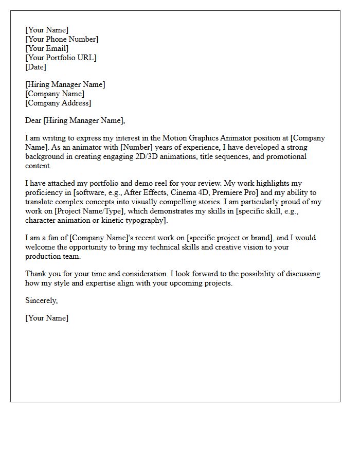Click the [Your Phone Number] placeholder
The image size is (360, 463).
[x=62, y=39]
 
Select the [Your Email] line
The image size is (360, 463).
[x=47, y=48]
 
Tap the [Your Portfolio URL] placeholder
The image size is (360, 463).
[x=61, y=58]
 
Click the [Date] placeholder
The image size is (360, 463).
[x=35, y=67]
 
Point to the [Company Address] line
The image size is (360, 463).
[x=58, y=103]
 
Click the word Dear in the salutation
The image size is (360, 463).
[x=33, y=121]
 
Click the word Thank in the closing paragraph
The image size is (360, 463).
[x=36, y=274]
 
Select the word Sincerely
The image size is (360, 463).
[x=41, y=300]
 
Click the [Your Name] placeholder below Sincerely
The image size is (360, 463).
[x=47, y=318]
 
